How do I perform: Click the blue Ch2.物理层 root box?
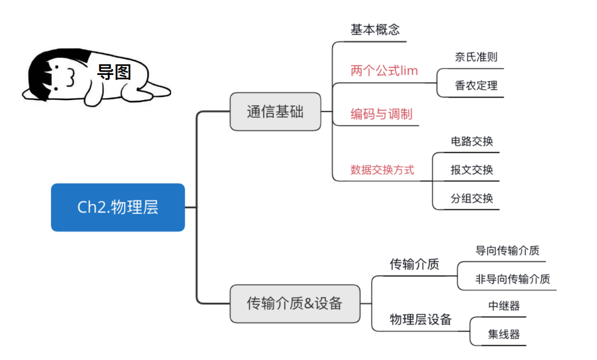point(118,207)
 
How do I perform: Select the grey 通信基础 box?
point(275,112)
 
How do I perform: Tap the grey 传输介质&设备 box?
point(295,304)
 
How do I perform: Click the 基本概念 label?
point(375,30)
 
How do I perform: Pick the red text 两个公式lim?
point(384,71)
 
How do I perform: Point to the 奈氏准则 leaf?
point(476,57)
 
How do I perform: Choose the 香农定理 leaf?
point(476,86)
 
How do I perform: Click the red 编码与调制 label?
point(381,114)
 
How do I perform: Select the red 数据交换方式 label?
point(382,170)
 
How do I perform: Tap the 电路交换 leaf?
point(472,141)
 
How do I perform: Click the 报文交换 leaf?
point(472,170)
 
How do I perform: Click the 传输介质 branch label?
point(414,264)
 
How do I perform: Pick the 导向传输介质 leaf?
point(507,250)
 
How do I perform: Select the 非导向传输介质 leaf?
point(512,279)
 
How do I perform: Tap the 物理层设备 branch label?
point(420,320)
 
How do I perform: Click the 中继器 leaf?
point(503,306)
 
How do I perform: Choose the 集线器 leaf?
point(503,334)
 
